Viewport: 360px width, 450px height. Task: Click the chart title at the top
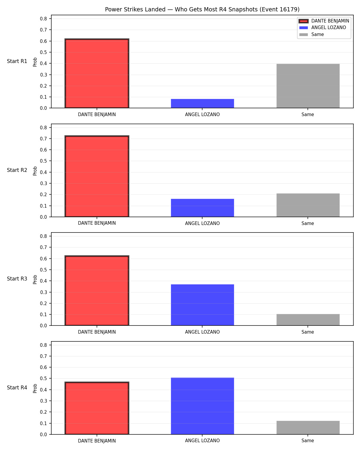pyautogui.click(x=202, y=9)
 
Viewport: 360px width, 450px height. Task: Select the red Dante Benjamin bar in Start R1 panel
pyautogui.click(x=97, y=73)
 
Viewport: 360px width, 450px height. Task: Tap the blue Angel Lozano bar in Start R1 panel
pyautogui.click(x=202, y=103)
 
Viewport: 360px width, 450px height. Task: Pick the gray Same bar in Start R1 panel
pyautogui.click(x=308, y=86)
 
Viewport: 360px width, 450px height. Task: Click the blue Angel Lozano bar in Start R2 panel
pyautogui.click(x=202, y=208)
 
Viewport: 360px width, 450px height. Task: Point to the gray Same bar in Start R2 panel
pyautogui.click(x=308, y=205)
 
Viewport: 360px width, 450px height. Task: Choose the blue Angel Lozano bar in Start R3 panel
pyautogui.click(x=202, y=305)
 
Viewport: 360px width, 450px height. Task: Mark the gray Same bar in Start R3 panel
pyautogui.click(x=308, y=320)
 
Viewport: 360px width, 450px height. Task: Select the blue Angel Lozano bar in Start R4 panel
pyautogui.click(x=202, y=406)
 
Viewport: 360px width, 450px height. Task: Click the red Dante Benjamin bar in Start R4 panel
pyautogui.click(x=97, y=408)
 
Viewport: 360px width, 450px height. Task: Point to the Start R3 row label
pyautogui.click(x=17, y=279)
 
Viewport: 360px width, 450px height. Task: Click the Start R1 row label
pyautogui.click(x=17, y=61)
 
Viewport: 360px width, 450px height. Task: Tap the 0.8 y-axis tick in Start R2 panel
pyautogui.click(x=43, y=127)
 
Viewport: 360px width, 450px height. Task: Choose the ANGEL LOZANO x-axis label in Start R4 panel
pyautogui.click(x=202, y=441)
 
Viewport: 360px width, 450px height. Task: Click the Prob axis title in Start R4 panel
pyautogui.click(x=35, y=388)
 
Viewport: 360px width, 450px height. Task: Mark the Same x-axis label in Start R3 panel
pyautogui.click(x=308, y=332)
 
